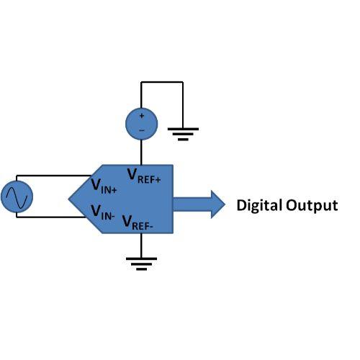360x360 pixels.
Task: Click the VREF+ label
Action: pyautogui.click(x=144, y=176)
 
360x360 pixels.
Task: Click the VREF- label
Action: pyautogui.click(x=138, y=222)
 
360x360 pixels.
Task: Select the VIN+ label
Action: pyautogui.click(x=104, y=186)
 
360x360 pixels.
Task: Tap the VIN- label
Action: pyautogui.click(x=103, y=212)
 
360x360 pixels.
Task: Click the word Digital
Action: pyautogui.click(x=259, y=205)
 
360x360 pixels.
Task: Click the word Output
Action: pyautogui.click(x=312, y=206)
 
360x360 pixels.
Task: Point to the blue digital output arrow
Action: pyautogui.click(x=199, y=204)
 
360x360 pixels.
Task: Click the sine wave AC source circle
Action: pyautogui.click(x=17, y=197)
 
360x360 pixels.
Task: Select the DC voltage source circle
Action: pyautogui.click(x=142, y=124)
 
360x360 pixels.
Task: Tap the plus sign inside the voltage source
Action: pyautogui.click(x=142, y=116)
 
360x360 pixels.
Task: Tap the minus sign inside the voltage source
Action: pyautogui.click(x=142, y=130)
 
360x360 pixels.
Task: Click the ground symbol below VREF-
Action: pyautogui.click(x=141, y=264)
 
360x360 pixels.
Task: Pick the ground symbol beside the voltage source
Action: pyautogui.click(x=183, y=134)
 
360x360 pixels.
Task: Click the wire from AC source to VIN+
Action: pyautogui.click(x=53, y=176)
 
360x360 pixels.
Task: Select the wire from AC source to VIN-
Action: pyautogui.click(x=51, y=217)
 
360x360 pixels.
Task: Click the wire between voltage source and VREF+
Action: pyautogui.click(x=141, y=152)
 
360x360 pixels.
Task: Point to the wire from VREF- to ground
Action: pyautogui.click(x=141, y=246)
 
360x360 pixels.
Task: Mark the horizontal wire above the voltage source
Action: pyautogui.click(x=162, y=82)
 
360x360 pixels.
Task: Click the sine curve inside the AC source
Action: pyautogui.click(x=17, y=197)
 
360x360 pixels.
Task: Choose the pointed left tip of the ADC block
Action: pyautogui.click(x=68, y=199)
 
